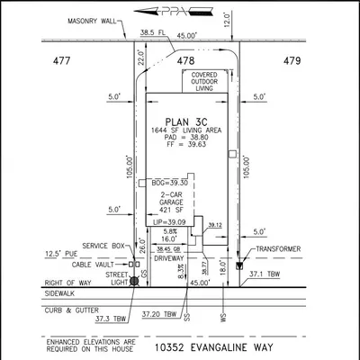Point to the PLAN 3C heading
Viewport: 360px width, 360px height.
185,121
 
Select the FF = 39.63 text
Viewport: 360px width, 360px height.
185,148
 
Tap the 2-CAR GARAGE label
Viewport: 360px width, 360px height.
173,200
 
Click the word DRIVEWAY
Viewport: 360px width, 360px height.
168,258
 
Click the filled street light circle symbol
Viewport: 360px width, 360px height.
135,281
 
